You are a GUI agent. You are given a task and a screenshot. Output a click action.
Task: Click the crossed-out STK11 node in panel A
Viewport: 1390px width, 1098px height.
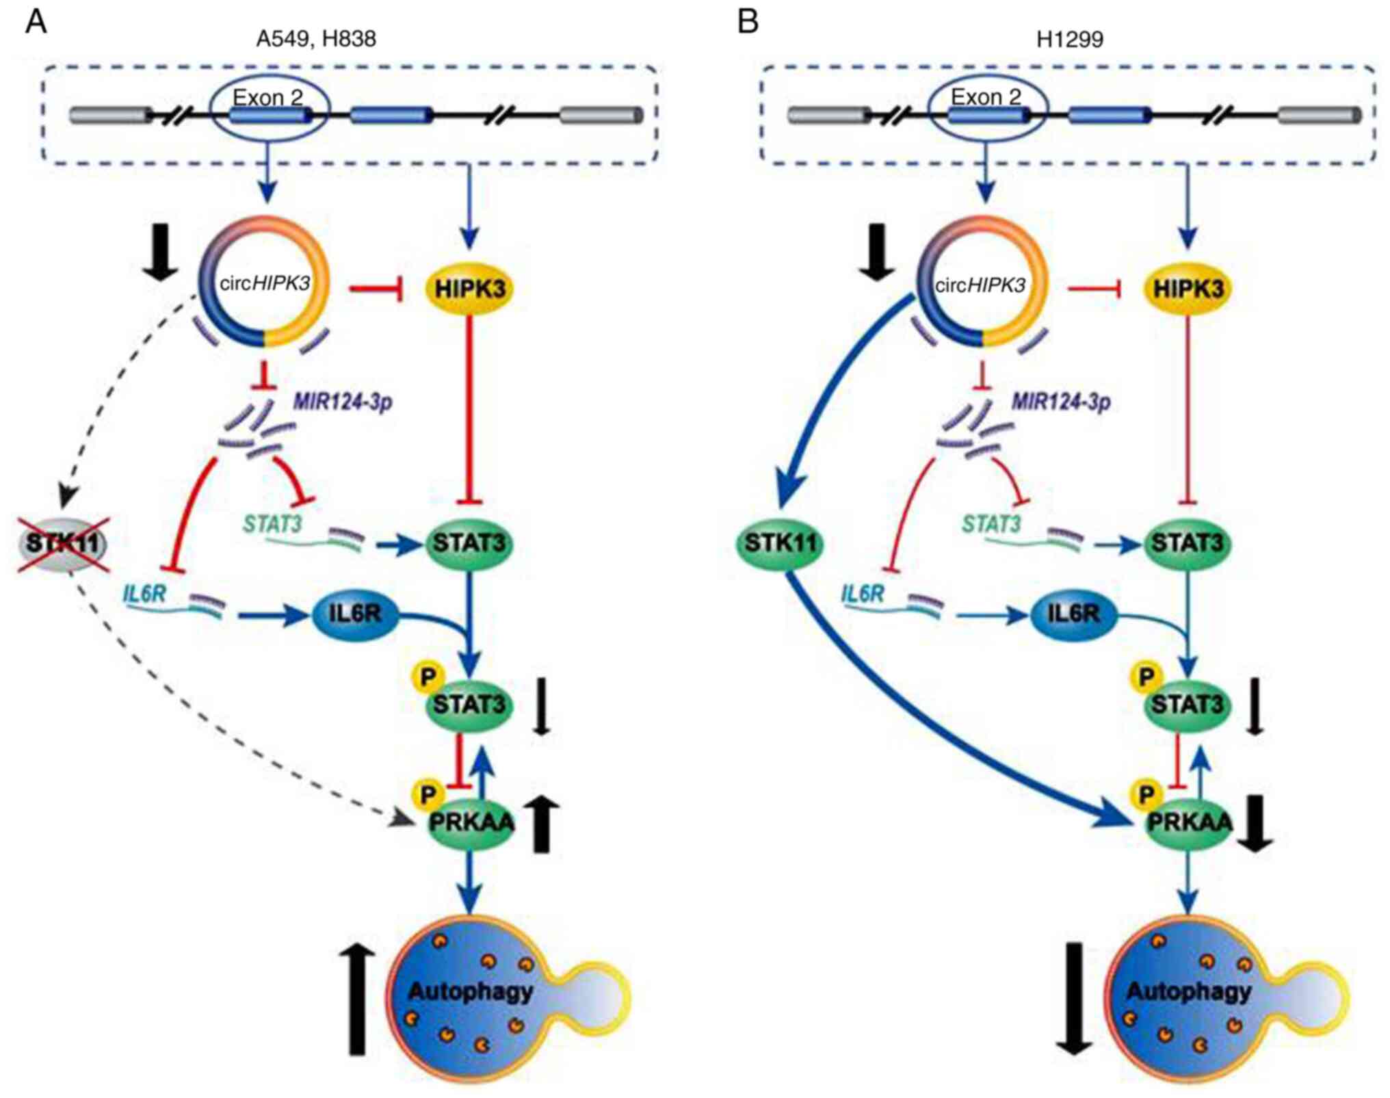point(63,544)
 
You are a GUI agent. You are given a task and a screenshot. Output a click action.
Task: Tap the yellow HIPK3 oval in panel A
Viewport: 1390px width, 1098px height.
point(470,289)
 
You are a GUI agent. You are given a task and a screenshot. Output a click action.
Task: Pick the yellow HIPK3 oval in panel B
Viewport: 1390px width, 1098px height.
point(1188,289)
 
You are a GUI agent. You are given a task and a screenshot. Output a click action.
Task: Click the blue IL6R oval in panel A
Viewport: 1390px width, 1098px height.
point(354,614)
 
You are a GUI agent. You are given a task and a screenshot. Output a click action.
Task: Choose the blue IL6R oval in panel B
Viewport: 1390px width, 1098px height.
point(1073,614)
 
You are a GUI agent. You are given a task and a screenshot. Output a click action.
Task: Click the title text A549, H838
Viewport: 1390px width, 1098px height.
point(316,39)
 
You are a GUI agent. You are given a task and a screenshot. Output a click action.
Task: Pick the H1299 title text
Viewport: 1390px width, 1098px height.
point(1070,39)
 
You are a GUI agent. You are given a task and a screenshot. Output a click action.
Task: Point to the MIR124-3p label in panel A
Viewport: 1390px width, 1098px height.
point(343,402)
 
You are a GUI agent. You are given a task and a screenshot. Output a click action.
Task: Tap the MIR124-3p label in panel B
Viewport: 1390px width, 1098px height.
point(1061,402)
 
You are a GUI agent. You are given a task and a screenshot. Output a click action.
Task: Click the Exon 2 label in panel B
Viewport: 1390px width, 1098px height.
point(986,97)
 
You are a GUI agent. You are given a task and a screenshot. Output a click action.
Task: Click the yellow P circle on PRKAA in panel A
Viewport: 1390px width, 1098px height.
point(428,794)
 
